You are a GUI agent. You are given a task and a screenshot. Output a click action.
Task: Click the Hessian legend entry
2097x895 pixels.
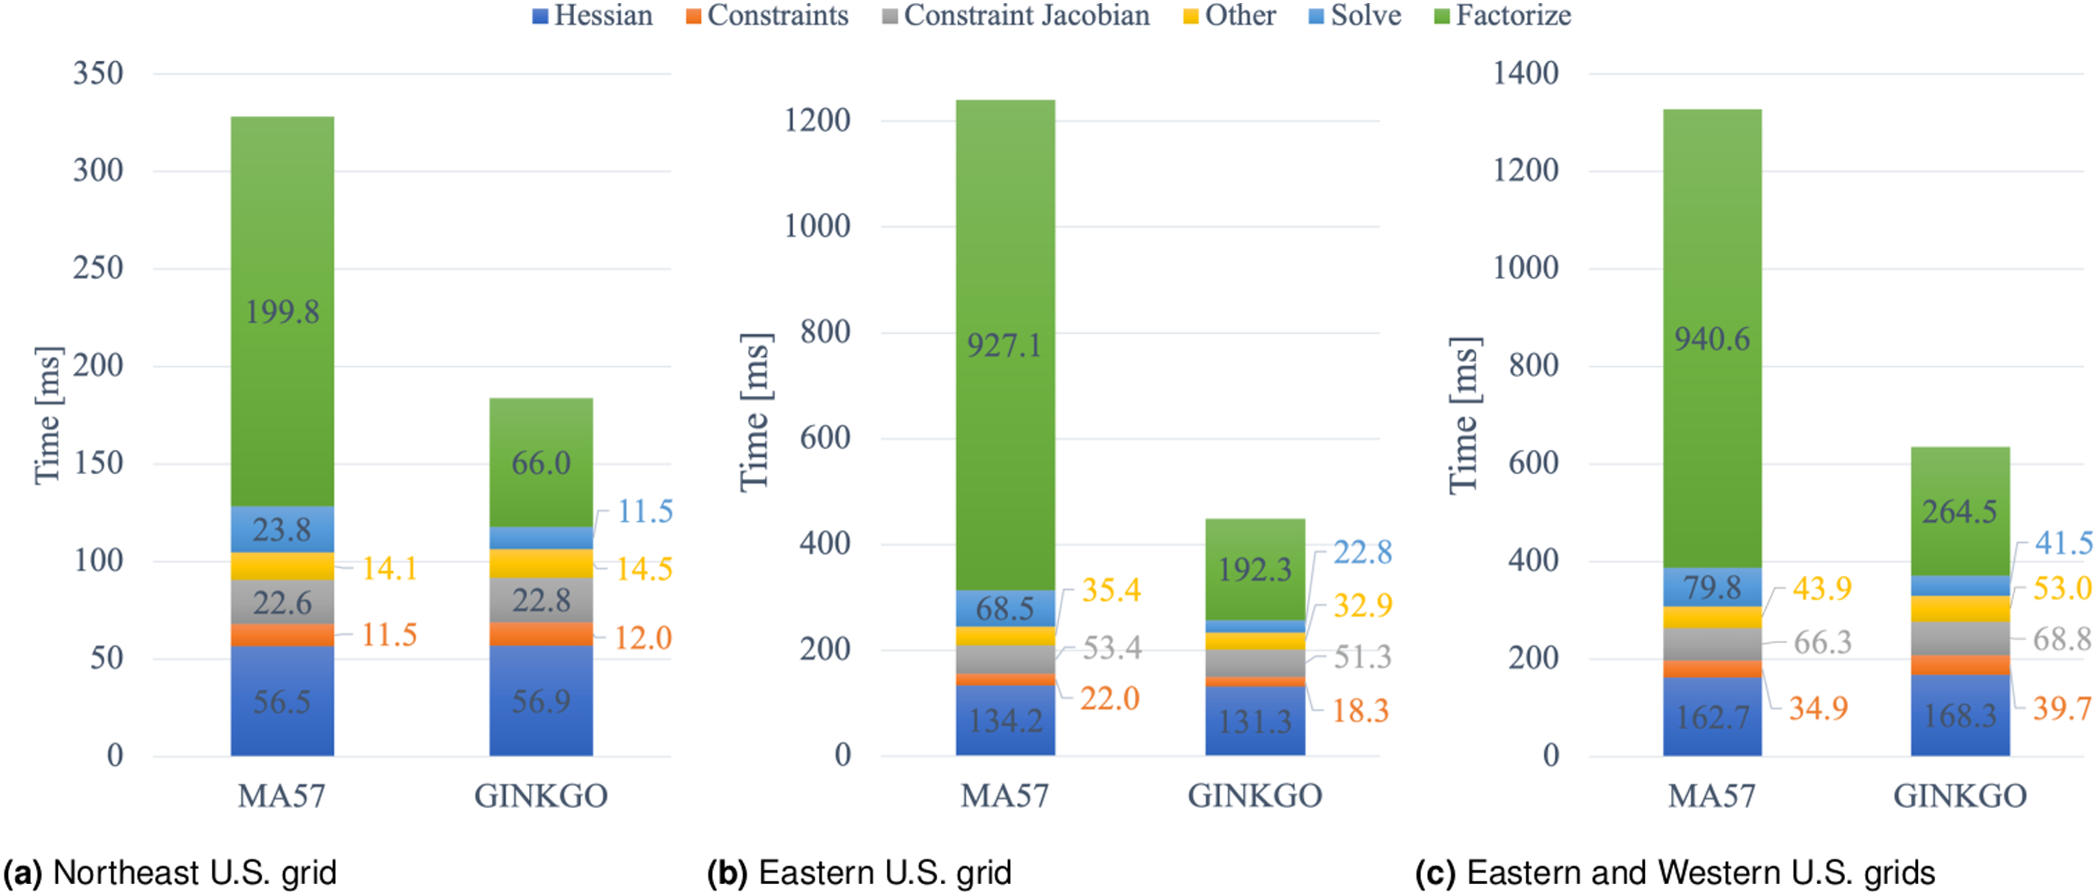(593, 15)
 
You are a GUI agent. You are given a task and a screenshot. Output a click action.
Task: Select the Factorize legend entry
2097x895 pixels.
(1502, 15)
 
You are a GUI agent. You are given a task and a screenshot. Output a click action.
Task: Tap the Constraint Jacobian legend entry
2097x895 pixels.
(1016, 15)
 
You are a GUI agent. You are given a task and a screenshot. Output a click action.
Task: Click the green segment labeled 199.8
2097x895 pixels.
(283, 311)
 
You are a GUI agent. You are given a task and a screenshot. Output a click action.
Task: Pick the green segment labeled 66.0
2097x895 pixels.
(541, 462)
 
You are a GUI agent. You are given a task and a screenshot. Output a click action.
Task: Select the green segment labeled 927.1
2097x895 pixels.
(1005, 345)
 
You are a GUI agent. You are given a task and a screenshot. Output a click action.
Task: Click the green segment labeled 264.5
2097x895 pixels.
(1960, 511)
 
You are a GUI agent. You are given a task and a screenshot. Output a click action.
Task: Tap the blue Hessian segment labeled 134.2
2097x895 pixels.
(1005, 720)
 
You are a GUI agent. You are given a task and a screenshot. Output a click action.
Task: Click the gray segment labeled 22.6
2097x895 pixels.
(283, 602)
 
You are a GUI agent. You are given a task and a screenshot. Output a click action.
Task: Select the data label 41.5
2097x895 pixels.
(2064, 543)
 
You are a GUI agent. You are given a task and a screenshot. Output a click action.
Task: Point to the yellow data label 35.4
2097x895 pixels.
(1111, 590)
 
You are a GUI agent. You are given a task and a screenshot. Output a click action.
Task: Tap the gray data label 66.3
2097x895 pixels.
(1822, 642)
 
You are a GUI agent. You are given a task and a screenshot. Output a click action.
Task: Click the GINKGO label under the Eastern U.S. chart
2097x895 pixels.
(1255, 796)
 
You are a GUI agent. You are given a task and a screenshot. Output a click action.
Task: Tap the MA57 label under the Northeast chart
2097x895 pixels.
(281, 796)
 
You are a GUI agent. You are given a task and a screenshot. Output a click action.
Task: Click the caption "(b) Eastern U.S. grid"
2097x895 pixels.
(859, 873)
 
